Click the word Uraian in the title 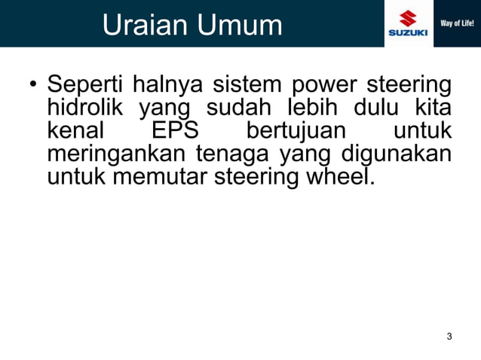[x=143, y=25]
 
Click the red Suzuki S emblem [x=408, y=17]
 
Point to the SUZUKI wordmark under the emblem [x=408, y=33]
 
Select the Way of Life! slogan [x=457, y=23]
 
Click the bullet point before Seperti [x=33, y=84]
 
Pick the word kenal [x=75, y=130]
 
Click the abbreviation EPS [x=175, y=130]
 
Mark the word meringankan [x=116, y=155]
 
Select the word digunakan [x=397, y=155]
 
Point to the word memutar [x=155, y=178]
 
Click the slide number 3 [x=449, y=336]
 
